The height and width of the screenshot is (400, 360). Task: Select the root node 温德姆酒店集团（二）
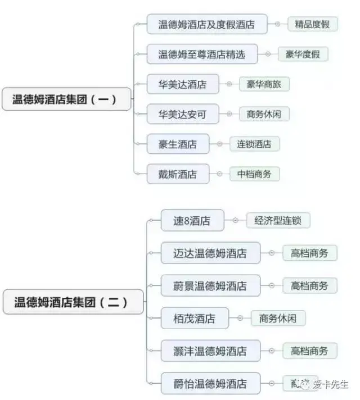point(71,302)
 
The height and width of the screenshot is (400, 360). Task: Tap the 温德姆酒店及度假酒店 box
point(206,24)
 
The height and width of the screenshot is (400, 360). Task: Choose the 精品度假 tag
point(313,24)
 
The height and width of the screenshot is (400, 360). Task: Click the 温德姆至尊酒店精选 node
point(202,54)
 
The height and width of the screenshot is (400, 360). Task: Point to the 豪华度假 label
point(303,54)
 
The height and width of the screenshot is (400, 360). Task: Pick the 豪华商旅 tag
point(264,85)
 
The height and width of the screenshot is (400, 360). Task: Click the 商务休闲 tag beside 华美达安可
point(264,115)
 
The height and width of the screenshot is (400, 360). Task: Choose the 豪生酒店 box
point(177,144)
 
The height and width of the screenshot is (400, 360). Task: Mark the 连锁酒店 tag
point(254,144)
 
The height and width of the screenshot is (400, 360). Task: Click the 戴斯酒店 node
point(177,174)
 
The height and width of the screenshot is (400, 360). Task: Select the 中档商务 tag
point(254,174)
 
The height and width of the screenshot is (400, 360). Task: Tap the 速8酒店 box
point(192,221)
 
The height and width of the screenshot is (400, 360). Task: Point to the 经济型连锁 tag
point(278,221)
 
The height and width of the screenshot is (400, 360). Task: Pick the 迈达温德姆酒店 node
point(210,253)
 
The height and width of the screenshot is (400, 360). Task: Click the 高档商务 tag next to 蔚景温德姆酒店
point(309,285)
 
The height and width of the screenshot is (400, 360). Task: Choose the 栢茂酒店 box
point(194,319)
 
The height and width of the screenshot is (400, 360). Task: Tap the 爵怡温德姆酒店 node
point(210,384)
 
